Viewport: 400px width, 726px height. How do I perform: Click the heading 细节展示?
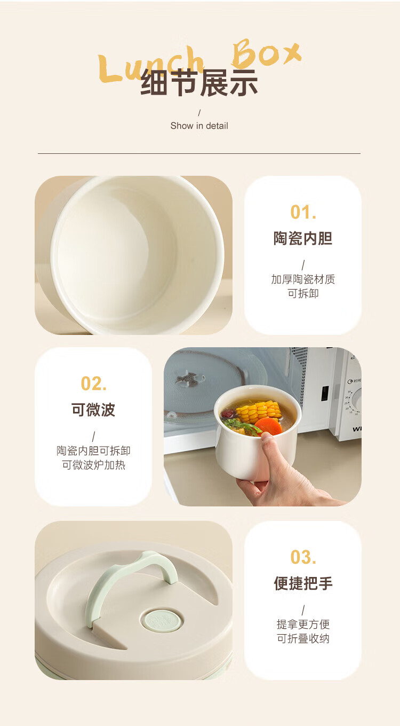[199, 83]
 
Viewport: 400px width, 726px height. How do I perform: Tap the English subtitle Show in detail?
[199, 126]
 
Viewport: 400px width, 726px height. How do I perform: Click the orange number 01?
[303, 212]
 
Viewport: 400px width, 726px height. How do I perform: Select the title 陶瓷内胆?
[303, 238]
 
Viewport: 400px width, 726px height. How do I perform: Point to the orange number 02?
[93, 384]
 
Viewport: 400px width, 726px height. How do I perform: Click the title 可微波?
[93, 410]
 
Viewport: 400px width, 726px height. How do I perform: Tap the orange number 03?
[303, 558]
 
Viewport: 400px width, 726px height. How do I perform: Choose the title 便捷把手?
[303, 583]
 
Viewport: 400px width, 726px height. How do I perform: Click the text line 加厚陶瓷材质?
[303, 279]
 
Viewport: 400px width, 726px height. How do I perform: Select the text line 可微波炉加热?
[93, 465]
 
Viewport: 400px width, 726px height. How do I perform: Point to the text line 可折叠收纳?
[303, 638]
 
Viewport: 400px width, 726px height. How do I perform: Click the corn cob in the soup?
[259, 410]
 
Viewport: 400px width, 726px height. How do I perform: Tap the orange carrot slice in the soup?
[268, 426]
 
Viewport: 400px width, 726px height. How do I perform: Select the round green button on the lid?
[162, 621]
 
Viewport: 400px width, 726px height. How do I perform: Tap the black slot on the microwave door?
[325, 393]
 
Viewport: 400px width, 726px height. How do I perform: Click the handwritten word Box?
[266, 52]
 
